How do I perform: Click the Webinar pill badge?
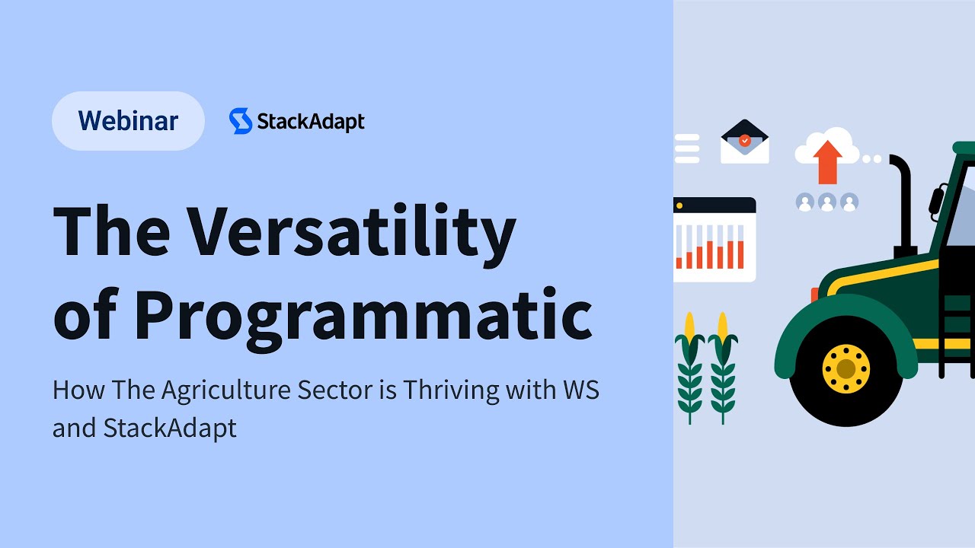coord(128,121)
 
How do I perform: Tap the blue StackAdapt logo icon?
coord(241,121)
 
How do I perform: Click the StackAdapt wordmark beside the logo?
coord(310,122)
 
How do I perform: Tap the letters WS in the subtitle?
coord(580,390)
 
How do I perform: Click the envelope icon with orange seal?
coord(744,142)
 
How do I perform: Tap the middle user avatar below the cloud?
coord(827,202)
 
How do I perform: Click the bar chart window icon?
coord(714,239)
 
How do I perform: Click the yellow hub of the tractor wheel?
coord(846,368)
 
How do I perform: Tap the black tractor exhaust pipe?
coord(903,205)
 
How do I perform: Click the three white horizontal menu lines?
coord(686,149)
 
